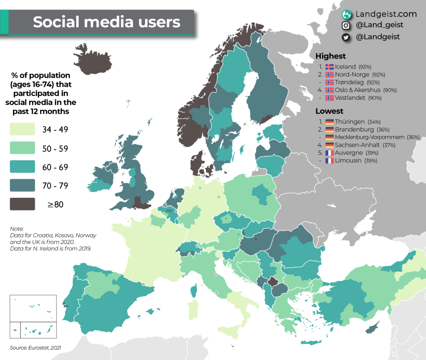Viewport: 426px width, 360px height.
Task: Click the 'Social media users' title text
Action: [x=106, y=22]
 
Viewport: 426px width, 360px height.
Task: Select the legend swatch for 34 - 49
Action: [x=22, y=129]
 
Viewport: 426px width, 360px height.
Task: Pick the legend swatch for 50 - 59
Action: [x=22, y=148]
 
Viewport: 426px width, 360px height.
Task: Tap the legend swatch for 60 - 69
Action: [x=22, y=167]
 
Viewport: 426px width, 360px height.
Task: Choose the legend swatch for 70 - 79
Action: [x=22, y=185]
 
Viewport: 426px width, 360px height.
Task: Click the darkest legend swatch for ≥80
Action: [x=22, y=204]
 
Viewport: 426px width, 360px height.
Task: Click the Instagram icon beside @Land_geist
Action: [x=345, y=25]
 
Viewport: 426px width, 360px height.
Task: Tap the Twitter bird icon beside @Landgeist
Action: [x=345, y=37]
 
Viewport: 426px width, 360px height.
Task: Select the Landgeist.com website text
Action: [x=386, y=14]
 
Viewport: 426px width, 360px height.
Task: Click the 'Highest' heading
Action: [x=330, y=56]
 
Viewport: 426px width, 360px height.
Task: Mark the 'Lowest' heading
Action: [x=329, y=111]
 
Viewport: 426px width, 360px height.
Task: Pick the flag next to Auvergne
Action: [x=329, y=153]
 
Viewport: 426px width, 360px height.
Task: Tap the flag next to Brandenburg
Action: [x=329, y=130]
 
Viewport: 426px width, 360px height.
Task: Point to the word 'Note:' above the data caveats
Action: [x=18, y=229]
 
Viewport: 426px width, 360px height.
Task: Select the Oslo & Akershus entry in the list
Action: [x=360, y=90]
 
